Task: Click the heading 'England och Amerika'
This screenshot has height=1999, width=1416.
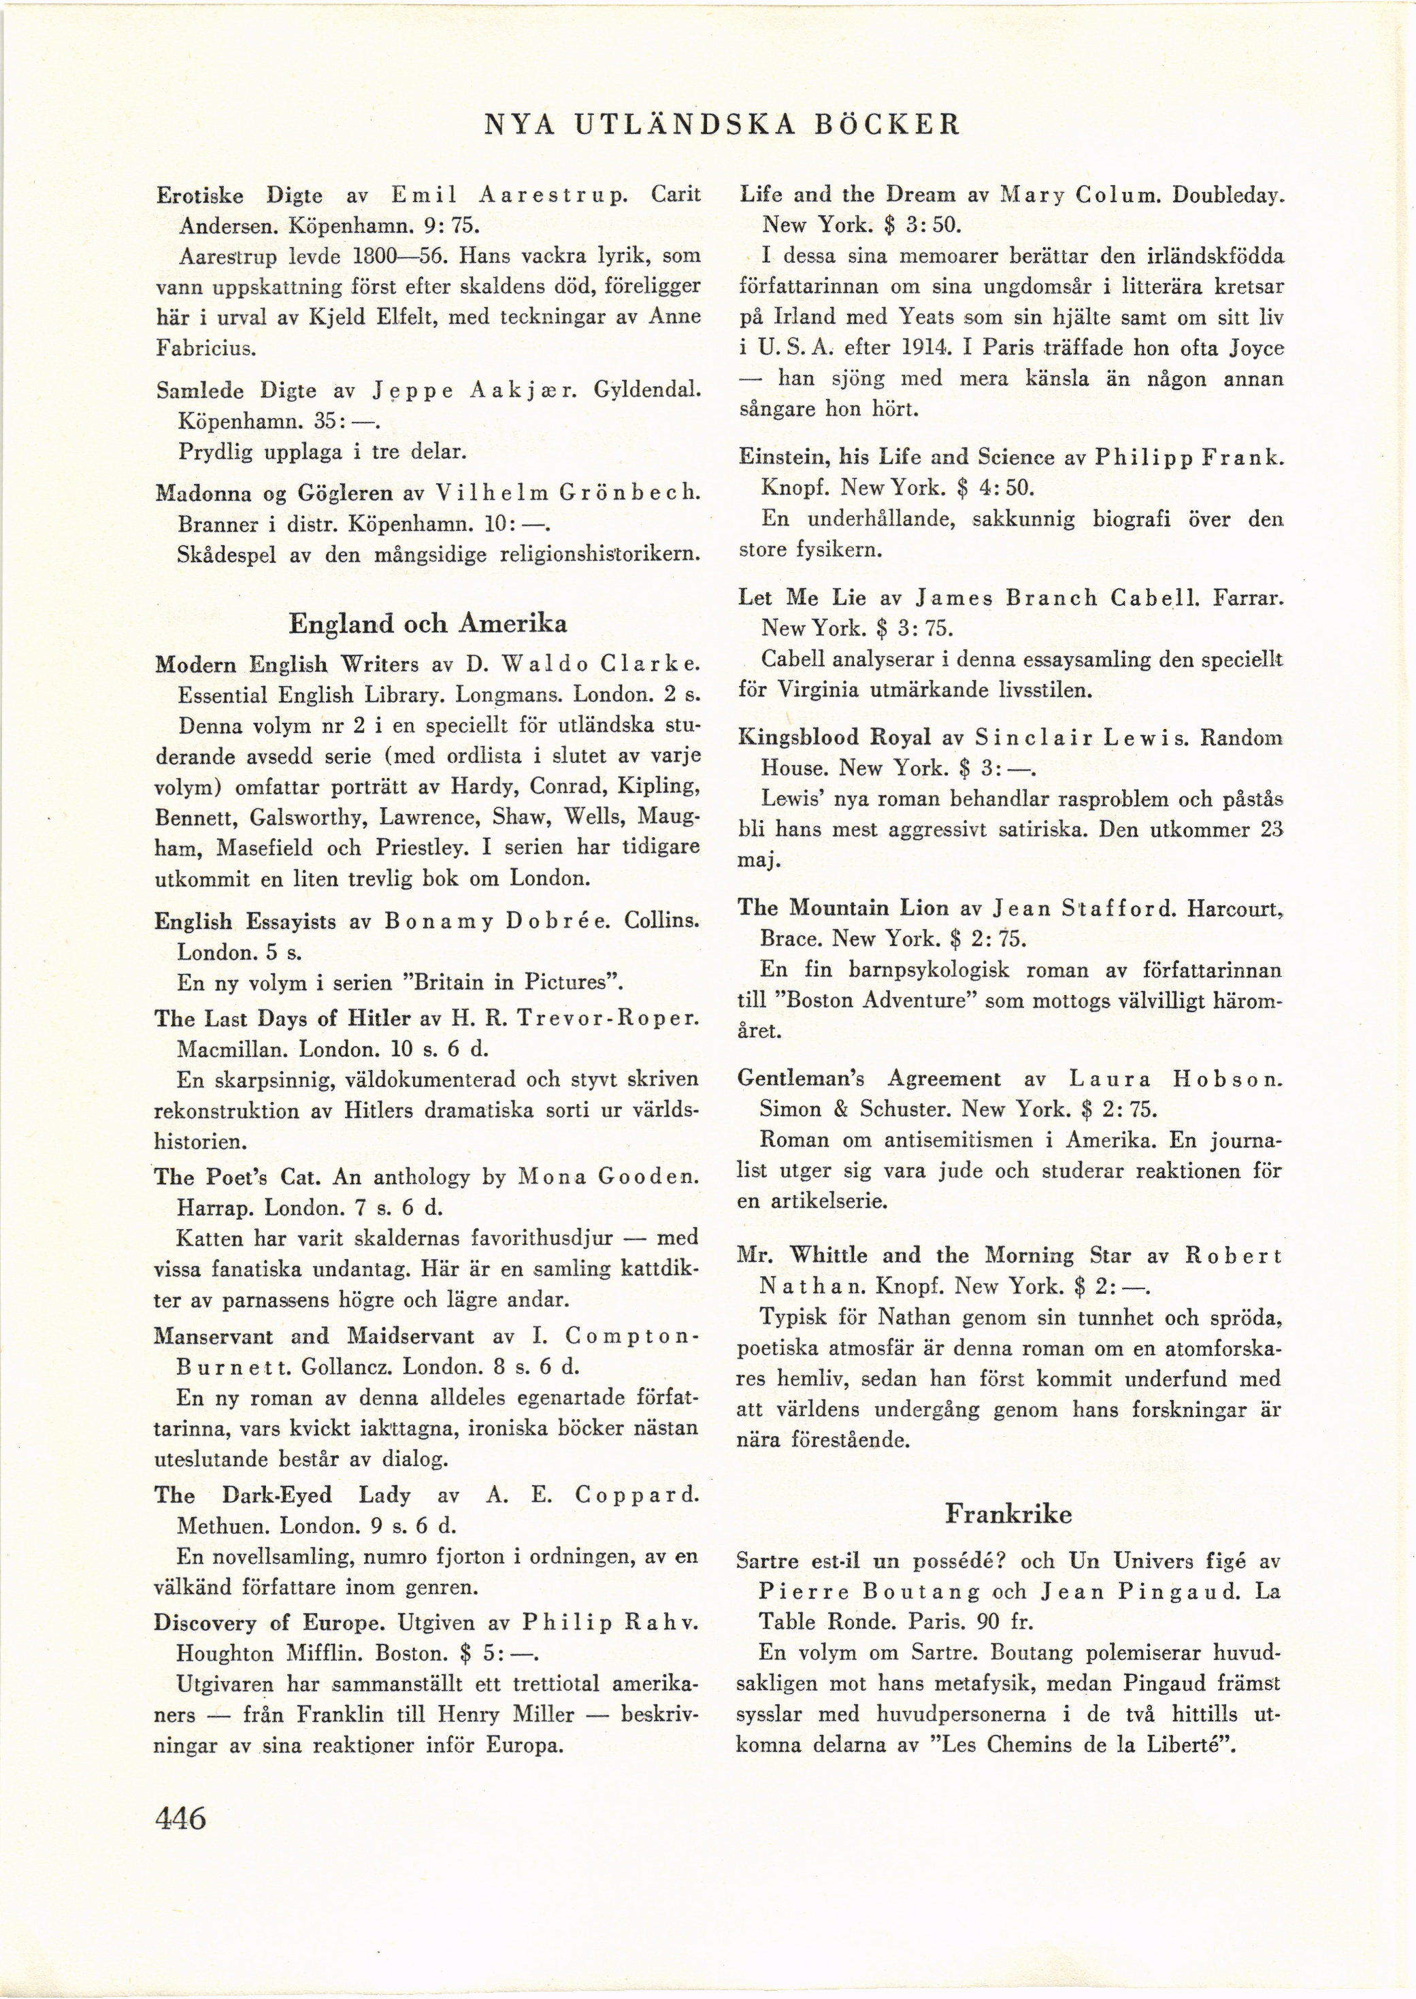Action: coord(427,623)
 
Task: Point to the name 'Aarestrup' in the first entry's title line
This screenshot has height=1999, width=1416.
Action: coord(555,195)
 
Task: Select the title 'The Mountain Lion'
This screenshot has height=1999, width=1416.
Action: coord(842,908)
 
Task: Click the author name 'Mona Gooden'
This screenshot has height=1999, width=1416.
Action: coord(608,1177)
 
